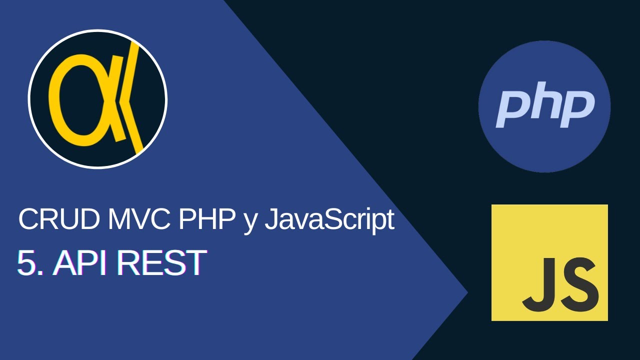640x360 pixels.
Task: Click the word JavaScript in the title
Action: click(x=329, y=220)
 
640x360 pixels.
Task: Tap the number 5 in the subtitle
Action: click(x=27, y=263)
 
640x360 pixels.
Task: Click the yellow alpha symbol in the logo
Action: click(x=80, y=100)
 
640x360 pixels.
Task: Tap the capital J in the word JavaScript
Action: click(x=270, y=219)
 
